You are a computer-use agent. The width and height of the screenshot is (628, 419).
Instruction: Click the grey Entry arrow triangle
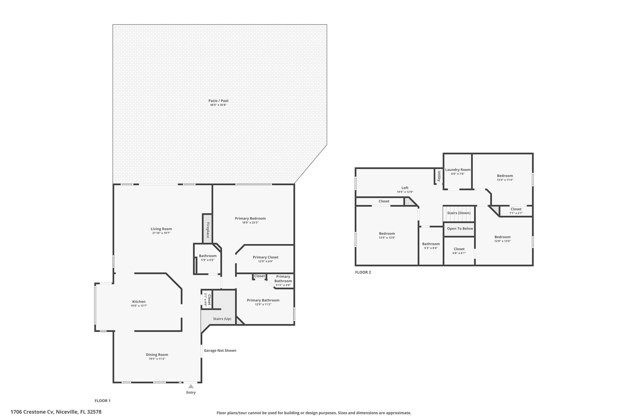click(191, 386)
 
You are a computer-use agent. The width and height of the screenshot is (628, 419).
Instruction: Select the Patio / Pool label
click(218, 101)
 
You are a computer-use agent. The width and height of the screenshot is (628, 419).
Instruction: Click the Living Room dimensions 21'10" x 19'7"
click(161, 233)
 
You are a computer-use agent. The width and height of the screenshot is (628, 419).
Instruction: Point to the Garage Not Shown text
click(220, 350)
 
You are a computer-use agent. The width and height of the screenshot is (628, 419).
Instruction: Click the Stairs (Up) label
click(222, 319)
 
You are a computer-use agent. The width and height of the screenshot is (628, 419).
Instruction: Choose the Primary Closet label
click(265, 257)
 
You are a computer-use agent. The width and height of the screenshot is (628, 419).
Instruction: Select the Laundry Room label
click(458, 170)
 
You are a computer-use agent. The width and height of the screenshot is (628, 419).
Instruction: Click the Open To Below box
click(460, 229)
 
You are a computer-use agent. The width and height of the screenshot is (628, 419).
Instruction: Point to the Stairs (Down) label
click(459, 213)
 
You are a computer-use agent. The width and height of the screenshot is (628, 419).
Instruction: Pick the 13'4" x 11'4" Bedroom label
click(505, 176)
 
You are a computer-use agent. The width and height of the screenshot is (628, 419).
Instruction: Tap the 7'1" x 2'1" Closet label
click(516, 209)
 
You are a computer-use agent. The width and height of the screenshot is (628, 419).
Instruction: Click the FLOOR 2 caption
click(363, 272)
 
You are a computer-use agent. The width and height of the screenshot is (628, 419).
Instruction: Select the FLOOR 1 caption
click(102, 401)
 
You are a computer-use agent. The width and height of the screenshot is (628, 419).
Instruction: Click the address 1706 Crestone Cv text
click(56, 412)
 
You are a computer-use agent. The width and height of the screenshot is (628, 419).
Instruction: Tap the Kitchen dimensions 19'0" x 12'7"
click(139, 306)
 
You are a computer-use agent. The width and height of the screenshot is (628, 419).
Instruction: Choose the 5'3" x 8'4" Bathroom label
click(431, 244)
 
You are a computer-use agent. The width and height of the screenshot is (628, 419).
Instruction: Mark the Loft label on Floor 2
click(405, 188)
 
